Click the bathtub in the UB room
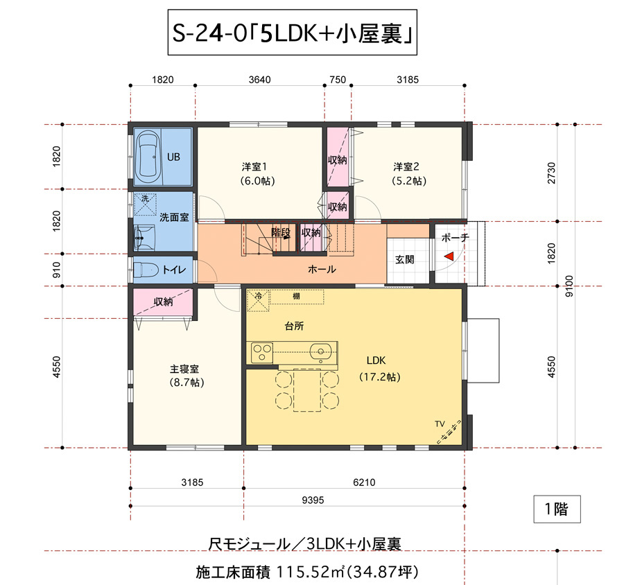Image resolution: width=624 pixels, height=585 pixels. [x=147, y=155]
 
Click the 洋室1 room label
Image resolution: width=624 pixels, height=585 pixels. [x=254, y=166]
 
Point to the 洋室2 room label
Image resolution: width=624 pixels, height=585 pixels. [x=406, y=166]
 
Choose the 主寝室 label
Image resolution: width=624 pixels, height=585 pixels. [x=184, y=369]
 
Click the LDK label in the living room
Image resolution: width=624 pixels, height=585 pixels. [x=376, y=360]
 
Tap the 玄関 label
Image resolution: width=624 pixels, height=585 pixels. [x=405, y=259]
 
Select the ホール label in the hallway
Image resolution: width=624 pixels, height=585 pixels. [x=322, y=270]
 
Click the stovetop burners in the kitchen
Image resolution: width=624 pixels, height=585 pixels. [x=262, y=353]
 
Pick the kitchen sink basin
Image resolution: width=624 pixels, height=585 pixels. [x=320, y=351]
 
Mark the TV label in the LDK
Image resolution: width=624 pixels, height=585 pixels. [x=440, y=424]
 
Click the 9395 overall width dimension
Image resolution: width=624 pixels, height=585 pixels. [x=313, y=500]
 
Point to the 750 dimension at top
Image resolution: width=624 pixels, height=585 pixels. [x=338, y=80]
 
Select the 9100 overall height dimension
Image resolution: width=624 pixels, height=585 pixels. [x=569, y=286]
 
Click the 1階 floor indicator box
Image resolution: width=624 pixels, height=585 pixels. [x=557, y=509]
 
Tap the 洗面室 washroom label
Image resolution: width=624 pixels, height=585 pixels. [x=174, y=217]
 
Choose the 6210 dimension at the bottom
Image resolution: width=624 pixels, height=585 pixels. [x=364, y=482]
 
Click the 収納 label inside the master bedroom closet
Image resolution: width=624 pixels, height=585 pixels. [x=163, y=302]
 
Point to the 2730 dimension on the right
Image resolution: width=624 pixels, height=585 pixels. [x=551, y=173]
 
